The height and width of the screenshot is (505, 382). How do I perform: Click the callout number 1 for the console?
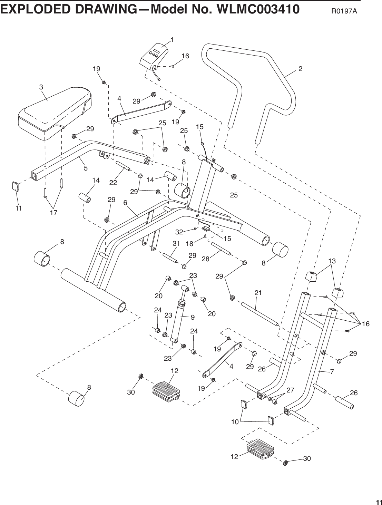[172, 40]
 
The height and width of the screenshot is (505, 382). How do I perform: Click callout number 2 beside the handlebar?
[300, 69]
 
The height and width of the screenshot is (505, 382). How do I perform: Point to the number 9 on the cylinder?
[192, 317]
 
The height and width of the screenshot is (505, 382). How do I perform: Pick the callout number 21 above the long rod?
[258, 293]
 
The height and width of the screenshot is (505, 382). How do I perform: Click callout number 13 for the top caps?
[332, 261]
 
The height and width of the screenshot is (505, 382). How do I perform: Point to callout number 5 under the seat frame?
[85, 168]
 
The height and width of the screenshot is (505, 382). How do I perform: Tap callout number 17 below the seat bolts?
[53, 213]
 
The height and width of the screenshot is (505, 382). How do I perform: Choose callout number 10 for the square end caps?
[235, 422]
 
